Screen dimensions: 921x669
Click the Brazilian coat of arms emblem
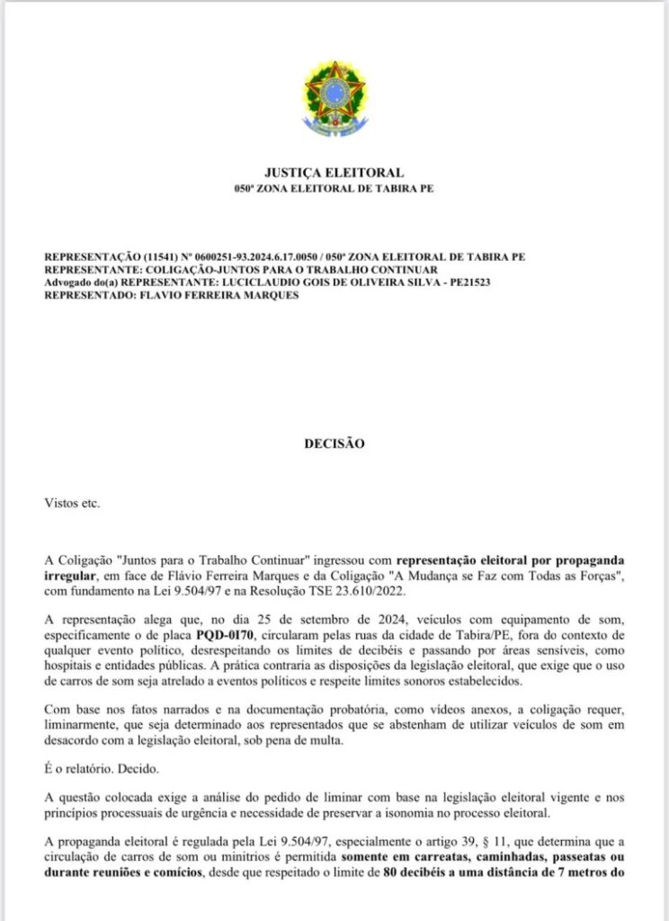tap(334, 97)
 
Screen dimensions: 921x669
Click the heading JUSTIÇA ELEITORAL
tap(334, 173)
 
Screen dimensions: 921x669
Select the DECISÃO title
tap(334, 443)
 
